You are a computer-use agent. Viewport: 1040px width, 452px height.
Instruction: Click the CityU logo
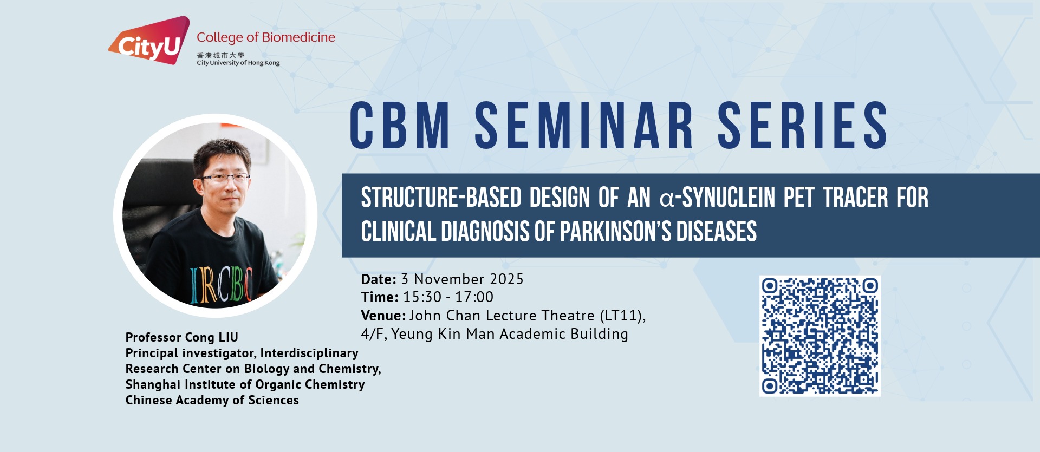tap(149, 41)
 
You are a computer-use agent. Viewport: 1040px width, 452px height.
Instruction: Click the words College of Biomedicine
tap(266, 37)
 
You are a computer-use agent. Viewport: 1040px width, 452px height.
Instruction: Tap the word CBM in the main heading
tap(400, 125)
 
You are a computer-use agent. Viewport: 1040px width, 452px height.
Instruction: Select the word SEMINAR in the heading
tap(584, 125)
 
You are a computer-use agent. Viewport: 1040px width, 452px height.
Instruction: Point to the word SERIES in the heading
tap(803, 125)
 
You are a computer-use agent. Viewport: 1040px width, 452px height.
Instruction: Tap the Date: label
tap(379, 279)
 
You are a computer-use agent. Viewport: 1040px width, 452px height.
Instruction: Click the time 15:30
tap(422, 297)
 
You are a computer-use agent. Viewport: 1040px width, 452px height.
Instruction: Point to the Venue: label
tap(383, 316)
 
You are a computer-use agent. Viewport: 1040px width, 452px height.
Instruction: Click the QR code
tap(820, 336)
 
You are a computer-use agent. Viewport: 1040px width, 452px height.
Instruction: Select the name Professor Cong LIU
tap(182, 337)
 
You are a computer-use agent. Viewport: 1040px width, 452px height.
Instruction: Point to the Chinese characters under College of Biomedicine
tap(220, 55)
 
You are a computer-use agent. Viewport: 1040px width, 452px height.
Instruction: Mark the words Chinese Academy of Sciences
tap(212, 401)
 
